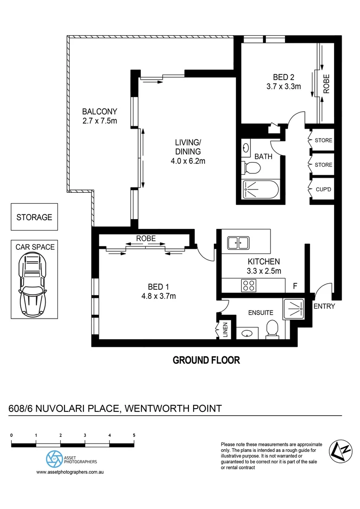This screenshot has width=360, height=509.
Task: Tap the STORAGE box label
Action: (34, 217)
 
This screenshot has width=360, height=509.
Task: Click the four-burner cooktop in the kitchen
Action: (249, 285)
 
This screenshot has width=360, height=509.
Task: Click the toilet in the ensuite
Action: (272, 328)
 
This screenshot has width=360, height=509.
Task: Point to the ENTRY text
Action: (324, 306)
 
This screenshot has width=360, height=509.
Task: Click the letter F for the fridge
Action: (295, 286)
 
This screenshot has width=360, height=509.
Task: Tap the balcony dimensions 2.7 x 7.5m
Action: (99, 121)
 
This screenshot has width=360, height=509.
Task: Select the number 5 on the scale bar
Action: (134, 435)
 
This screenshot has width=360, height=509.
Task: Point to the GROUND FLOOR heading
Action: (206, 361)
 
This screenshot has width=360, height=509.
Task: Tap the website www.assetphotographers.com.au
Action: (70, 472)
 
